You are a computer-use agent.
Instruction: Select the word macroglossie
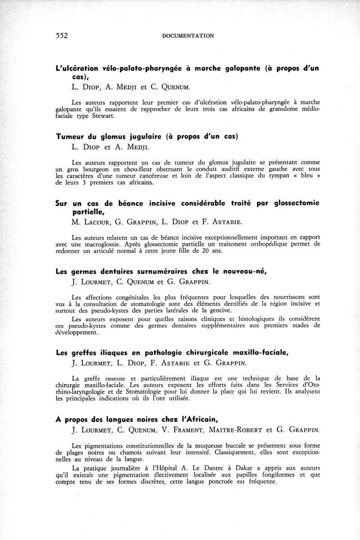click(105, 244)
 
